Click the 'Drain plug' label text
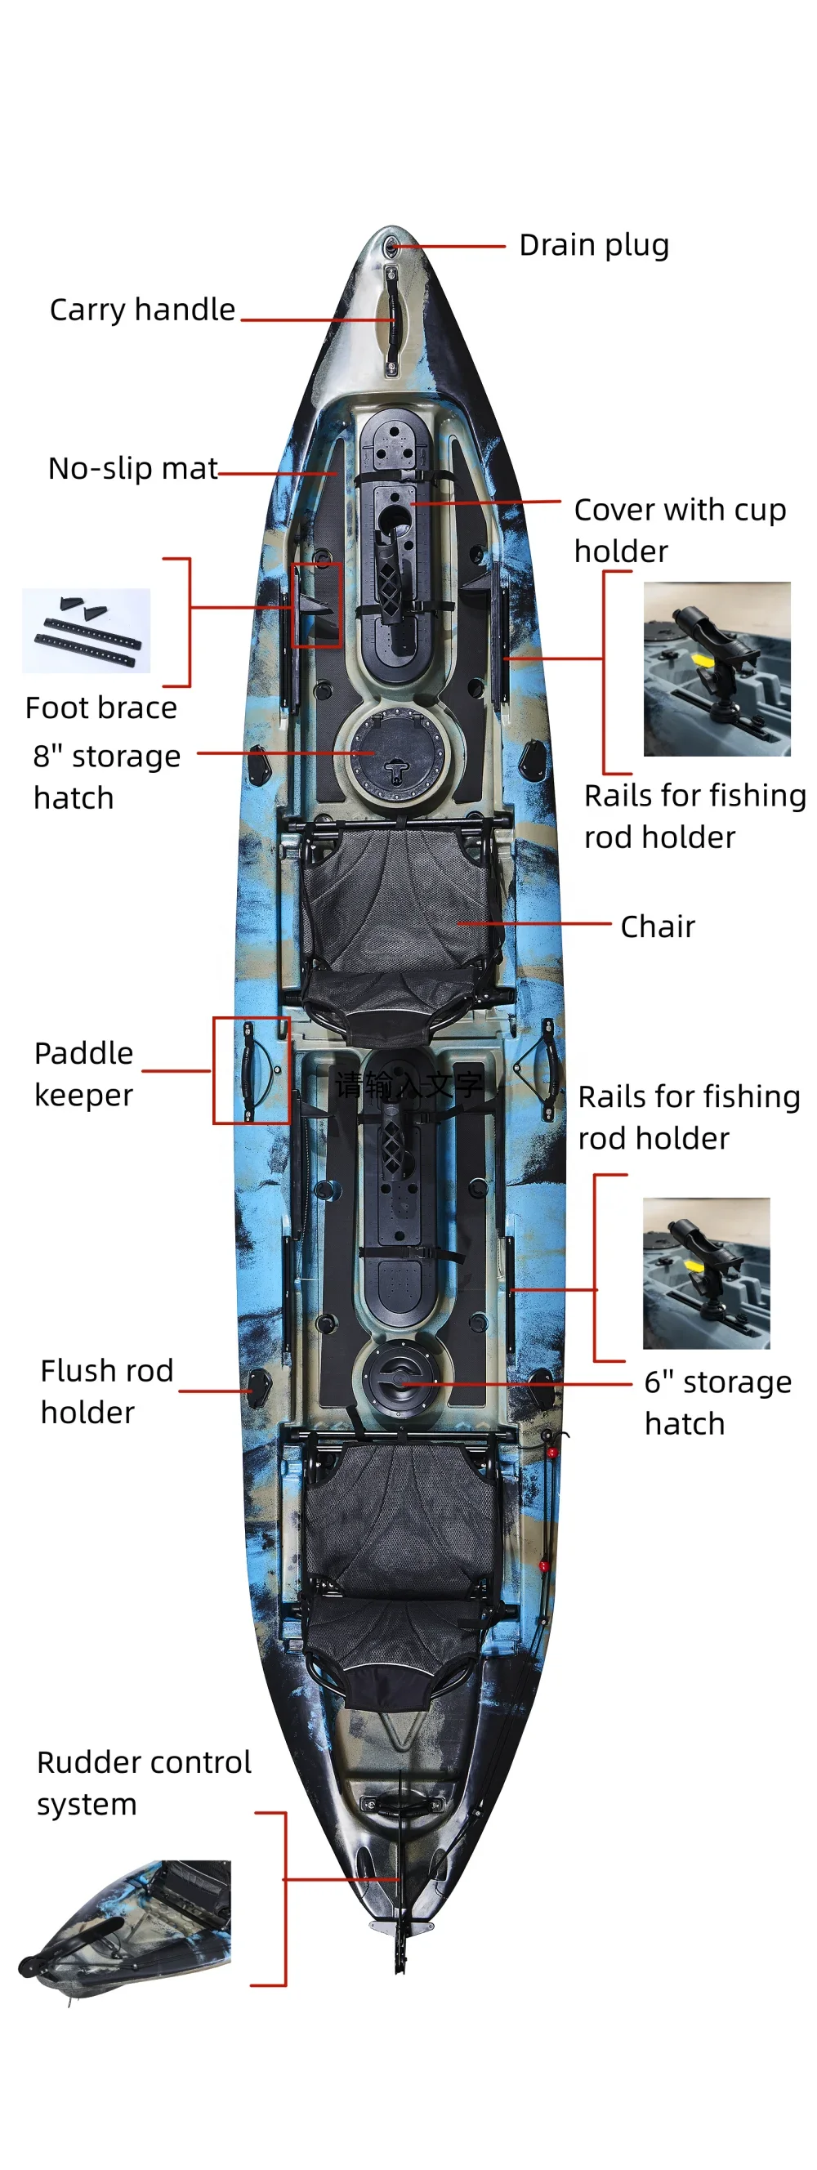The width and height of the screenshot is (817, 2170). point(594,245)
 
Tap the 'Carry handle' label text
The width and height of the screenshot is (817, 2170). point(142,310)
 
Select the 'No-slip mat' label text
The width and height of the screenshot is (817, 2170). point(133,468)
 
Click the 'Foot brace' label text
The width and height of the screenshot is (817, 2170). point(101,708)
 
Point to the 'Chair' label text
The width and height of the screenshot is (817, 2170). point(658,926)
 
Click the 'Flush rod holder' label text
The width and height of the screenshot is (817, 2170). point(106,1391)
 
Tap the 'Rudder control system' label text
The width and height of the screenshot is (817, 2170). point(143,1784)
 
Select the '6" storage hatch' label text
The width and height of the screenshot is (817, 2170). point(717,1403)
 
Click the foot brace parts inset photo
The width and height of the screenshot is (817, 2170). point(86,630)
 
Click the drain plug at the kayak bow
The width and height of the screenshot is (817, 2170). point(391,247)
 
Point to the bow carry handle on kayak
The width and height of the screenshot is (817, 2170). point(391,320)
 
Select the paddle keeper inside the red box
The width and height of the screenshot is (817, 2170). point(251,1069)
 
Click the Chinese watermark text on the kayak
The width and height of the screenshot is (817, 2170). point(408,1085)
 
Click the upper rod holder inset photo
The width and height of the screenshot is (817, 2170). point(717,669)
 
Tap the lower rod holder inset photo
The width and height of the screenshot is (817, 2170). point(706,1273)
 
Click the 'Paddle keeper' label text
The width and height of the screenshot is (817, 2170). point(83,1074)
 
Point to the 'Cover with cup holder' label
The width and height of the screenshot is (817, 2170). point(679,530)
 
